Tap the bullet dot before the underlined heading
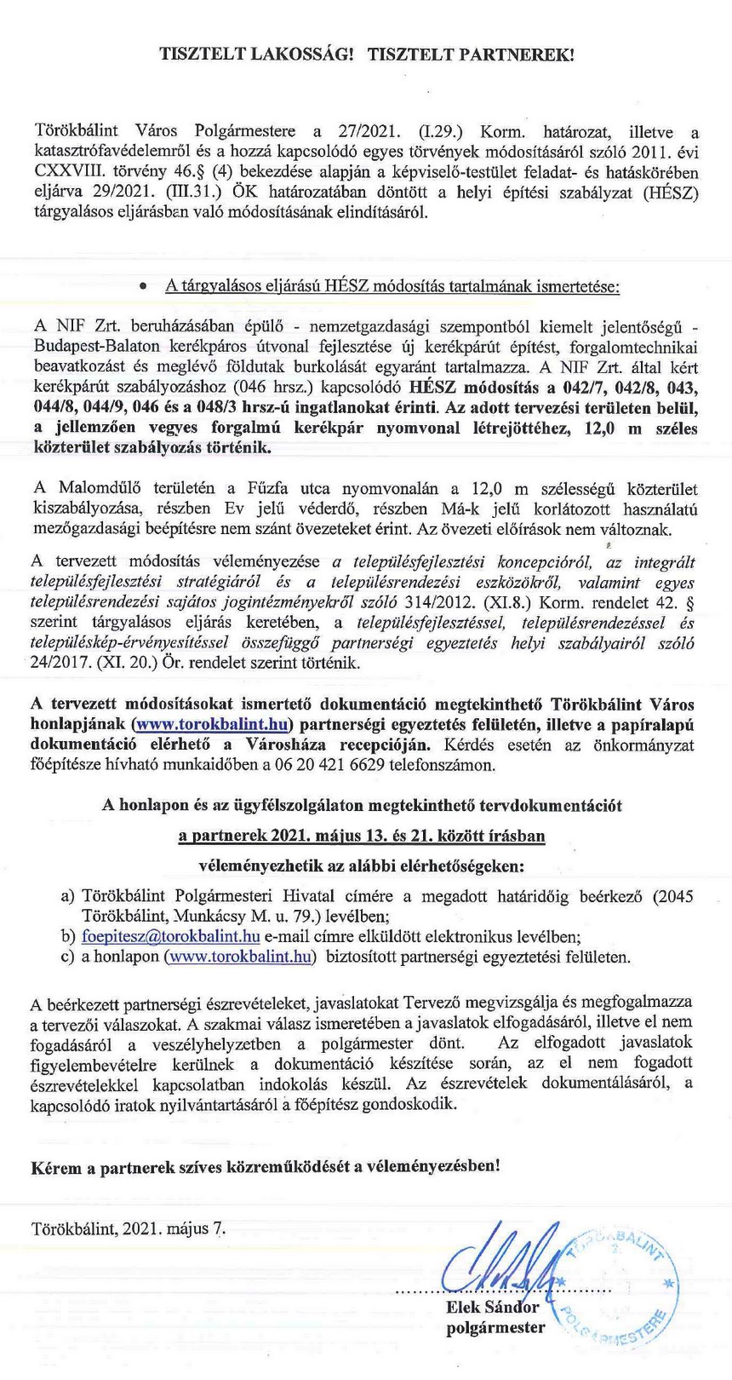click(x=145, y=285)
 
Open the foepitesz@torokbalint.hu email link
click(x=171, y=936)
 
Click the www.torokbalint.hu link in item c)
click(x=240, y=957)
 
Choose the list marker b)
click(x=68, y=936)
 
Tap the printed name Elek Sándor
click(x=492, y=1308)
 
